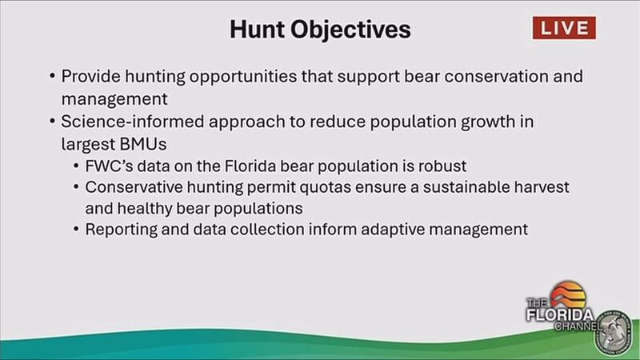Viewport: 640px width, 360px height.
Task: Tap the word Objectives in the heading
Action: click(x=350, y=30)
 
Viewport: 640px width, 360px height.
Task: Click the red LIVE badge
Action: click(x=564, y=28)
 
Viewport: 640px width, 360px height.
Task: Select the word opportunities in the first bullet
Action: click(x=243, y=77)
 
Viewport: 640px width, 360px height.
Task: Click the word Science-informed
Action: click(x=133, y=122)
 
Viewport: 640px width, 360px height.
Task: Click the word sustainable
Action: click(x=466, y=187)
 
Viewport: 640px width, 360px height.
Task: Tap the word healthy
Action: click(x=145, y=209)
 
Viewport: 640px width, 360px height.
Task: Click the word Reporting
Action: click(x=121, y=230)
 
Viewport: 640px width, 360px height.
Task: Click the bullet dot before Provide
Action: click(x=52, y=76)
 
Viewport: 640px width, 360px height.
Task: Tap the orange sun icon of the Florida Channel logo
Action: click(x=568, y=294)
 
